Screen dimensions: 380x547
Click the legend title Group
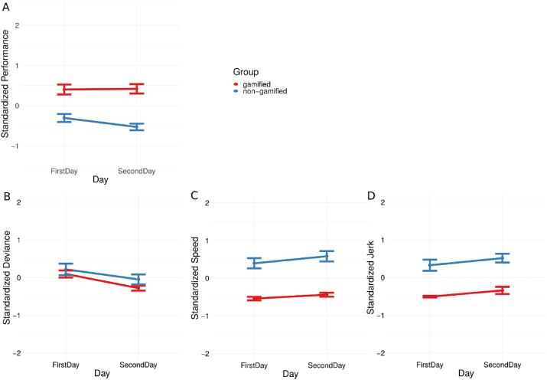point(246,70)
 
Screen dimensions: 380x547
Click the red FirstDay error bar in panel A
point(64,90)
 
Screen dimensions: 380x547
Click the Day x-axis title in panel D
point(465,375)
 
